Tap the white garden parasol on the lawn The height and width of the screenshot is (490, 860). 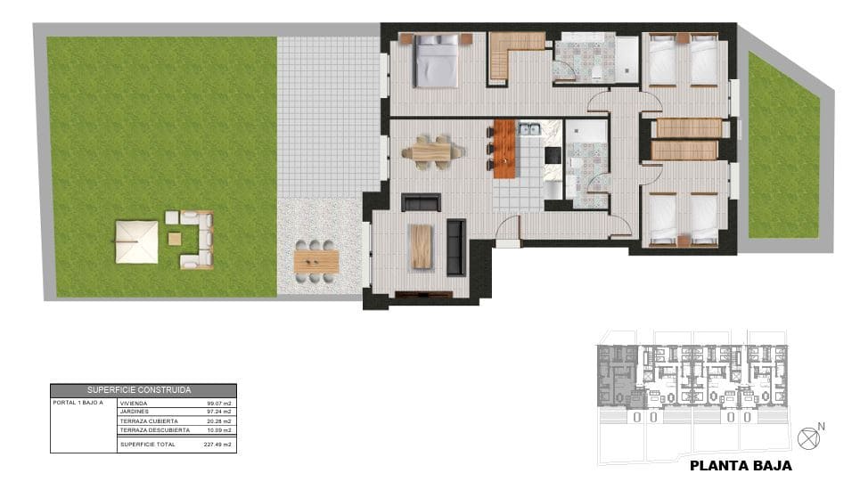136,241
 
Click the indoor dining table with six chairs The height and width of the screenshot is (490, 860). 432,151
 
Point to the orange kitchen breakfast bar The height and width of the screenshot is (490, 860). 505,147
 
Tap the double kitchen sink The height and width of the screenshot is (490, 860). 530,131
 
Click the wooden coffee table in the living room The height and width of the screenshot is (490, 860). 421,247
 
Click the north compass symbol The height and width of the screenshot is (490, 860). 809,437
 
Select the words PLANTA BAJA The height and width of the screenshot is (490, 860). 741,465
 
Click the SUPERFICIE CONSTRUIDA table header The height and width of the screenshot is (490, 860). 143,390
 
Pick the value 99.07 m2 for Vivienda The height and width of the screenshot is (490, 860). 218,404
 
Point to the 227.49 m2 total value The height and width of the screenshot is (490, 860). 217,444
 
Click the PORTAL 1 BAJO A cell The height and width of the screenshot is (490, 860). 78,404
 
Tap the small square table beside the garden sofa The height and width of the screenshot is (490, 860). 175,238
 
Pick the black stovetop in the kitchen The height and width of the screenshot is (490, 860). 553,156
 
